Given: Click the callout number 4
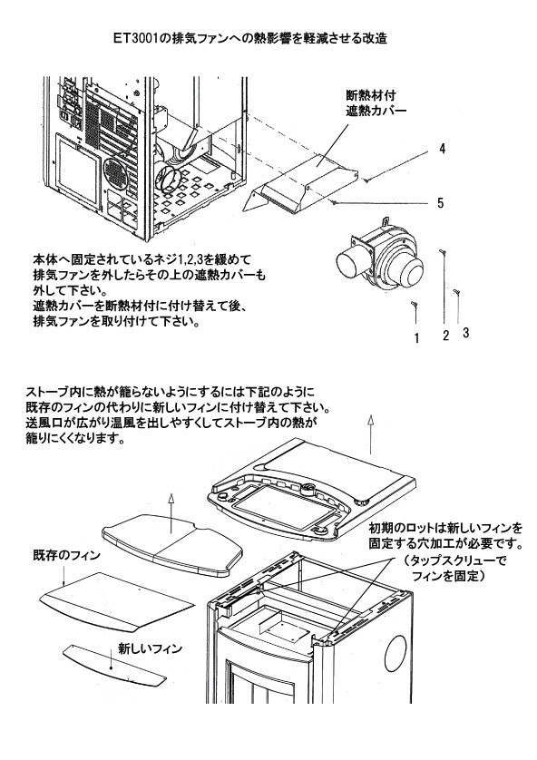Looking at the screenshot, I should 442,149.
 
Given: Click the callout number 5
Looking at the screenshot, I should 440,203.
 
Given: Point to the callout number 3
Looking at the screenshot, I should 464,333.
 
